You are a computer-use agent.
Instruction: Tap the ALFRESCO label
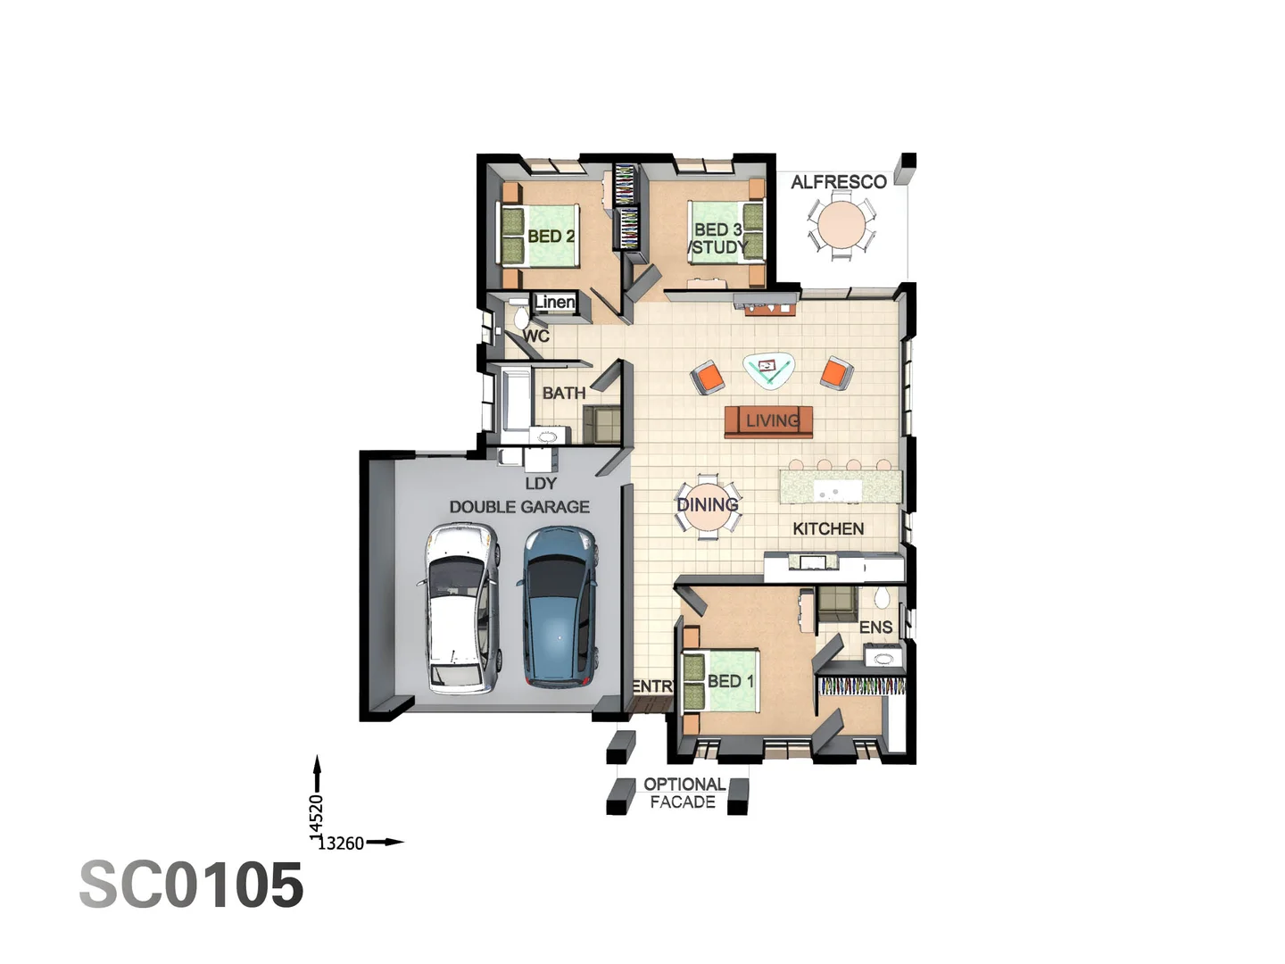[838, 182]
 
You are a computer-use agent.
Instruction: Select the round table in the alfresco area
[841, 224]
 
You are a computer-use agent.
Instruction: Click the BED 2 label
[551, 237]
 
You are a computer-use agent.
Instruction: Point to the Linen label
[554, 303]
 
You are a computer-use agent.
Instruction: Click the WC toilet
[520, 318]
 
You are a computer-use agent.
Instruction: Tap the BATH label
[564, 393]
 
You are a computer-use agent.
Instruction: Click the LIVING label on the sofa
[772, 420]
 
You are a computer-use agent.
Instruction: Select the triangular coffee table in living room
[768, 369]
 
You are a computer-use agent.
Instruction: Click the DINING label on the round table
[707, 505]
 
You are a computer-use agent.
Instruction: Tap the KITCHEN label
[828, 528]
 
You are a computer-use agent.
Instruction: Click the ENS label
[875, 627]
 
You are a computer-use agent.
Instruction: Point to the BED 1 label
[730, 681]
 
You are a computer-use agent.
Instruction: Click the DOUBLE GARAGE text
[519, 507]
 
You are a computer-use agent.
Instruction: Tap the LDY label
[541, 484]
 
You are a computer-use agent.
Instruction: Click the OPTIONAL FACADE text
[684, 793]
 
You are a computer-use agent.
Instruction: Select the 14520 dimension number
[316, 816]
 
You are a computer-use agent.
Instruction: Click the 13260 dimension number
[341, 843]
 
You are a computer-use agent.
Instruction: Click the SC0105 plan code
[192, 885]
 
